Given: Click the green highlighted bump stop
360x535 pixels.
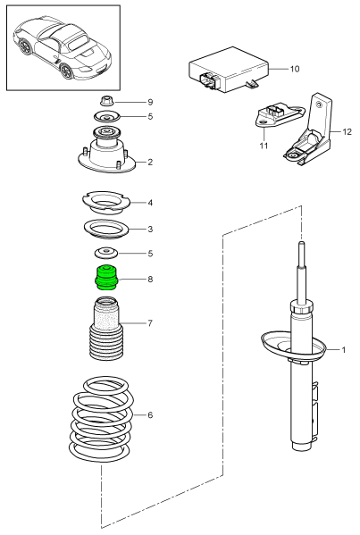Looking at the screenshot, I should click(107, 278).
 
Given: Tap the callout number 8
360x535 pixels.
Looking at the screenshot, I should click(150, 280).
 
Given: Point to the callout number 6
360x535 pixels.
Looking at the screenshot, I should click(150, 416).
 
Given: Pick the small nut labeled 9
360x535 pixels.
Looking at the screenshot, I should click(106, 100).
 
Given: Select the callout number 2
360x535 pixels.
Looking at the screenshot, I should click(150, 163).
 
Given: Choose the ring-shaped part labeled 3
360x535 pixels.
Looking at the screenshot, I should click(107, 229).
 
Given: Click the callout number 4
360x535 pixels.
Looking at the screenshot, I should click(150, 203).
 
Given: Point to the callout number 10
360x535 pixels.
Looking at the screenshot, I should click(296, 68).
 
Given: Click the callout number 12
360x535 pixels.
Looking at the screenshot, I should click(347, 133).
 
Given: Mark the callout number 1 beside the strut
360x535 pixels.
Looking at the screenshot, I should click(343, 349).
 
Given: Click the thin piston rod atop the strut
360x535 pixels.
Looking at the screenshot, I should click(302, 272).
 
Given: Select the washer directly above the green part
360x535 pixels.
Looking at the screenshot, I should click(107, 253).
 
